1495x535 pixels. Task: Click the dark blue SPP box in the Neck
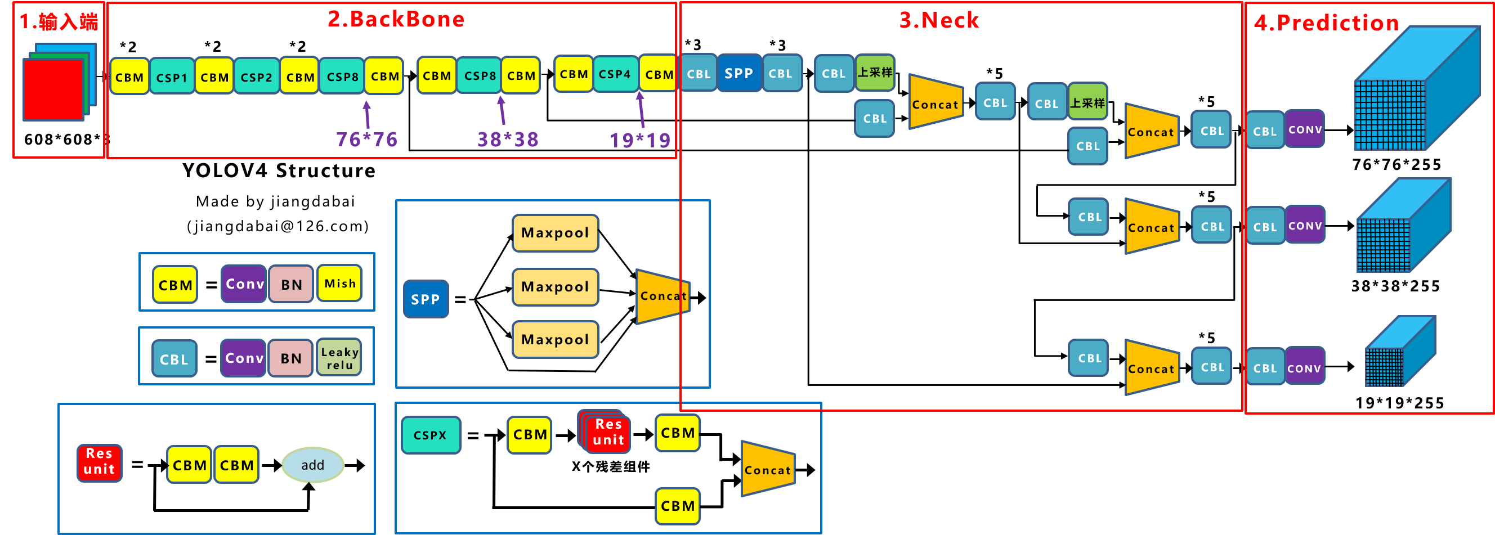[x=738, y=74]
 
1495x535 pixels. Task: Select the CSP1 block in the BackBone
[x=172, y=77]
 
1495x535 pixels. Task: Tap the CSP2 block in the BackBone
[x=256, y=77]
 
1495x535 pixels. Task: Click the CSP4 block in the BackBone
[x=615, y=74]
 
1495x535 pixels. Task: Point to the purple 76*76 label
[x=366, y=140]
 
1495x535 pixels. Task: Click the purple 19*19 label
[x=639, y=140]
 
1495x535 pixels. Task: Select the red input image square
[x=53, y=90]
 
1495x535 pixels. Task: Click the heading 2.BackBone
[x=396, y=19]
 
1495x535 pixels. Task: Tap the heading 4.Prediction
[x=1326, y=23]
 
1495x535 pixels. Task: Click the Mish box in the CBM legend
[x=339, y=284]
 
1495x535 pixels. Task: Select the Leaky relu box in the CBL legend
[x=339, y=358]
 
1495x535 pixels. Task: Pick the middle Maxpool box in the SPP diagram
[x=555, y=287]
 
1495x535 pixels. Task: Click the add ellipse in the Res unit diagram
[x=313, y=465]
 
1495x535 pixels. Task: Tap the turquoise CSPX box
[x=430, y=435]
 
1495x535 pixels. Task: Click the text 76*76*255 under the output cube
[x=1396, y=165]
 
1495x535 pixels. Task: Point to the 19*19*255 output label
[x=1399, y=403]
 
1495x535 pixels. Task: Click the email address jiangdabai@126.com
[x=277, y=226]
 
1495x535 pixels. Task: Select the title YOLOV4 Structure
[x=279, y=170]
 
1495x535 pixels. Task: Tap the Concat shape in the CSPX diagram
[x=767, y=469]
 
